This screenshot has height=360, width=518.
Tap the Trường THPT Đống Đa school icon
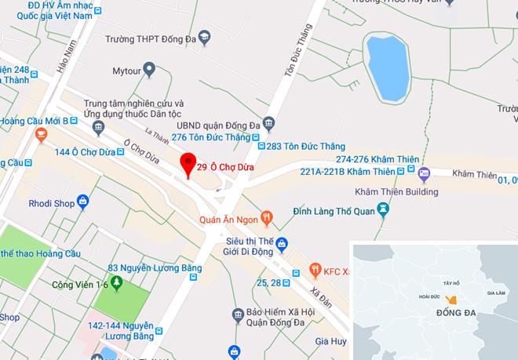pyautogui.click(x=204, y=37)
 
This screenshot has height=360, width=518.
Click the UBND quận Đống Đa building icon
pyautogui.click(x=268, y=123)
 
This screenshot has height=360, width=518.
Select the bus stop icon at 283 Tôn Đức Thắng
pyautogui.click(x=260, y=146)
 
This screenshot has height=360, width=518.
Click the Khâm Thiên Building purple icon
pyautogui.click(x=425, y=173)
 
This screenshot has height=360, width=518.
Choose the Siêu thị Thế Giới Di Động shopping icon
pyautogui.click(x=280, y=244)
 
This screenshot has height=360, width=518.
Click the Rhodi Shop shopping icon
pyautogui.click(x=80, y=204)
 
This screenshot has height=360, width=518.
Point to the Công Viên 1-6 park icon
pyautogui.click(x=116, y=282)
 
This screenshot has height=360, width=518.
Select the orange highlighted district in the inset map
pyautogui.click(x=451, y=300)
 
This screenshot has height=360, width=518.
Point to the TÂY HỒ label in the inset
pyautogui.click(x=451, y=282)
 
